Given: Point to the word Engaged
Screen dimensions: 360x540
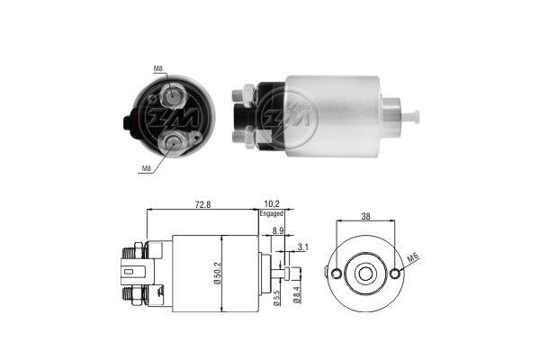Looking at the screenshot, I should coord(272,215).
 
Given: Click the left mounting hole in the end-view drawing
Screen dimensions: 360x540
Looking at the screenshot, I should coord(336,274).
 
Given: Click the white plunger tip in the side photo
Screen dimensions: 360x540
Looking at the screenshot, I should coord(414,115).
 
